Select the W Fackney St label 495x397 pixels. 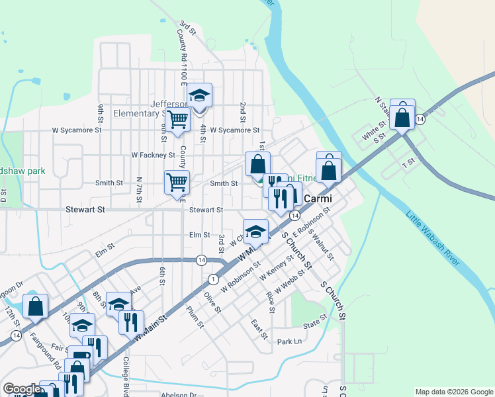point(153,155)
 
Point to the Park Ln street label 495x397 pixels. point(289,341)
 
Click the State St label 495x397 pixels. point(315,322)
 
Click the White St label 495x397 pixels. point(374,131)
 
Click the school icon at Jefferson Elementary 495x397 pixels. point(199,96)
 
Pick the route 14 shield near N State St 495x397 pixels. point(420,119)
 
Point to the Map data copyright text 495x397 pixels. point(454,392)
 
